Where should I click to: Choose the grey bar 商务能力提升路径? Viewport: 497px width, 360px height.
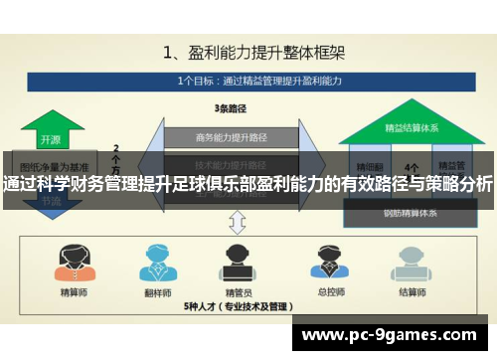[230, 136]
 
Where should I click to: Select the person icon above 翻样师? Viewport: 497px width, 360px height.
[156, 262]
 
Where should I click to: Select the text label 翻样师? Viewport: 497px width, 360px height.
[156, 292]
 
